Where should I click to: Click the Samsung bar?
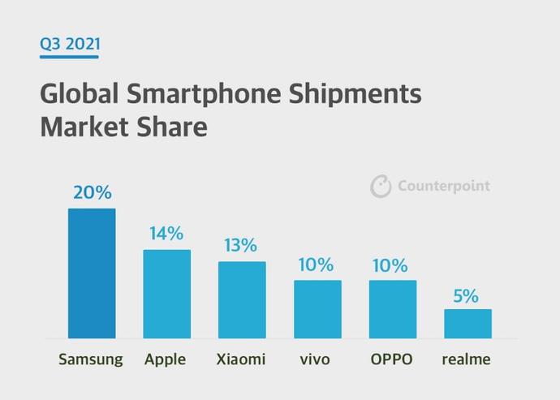tap(92, 273)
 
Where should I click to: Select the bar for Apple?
tap(167, 294)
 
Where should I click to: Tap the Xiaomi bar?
tap(242, 300)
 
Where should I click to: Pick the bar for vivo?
tap(317, 309)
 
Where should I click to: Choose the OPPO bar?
tap(393, 309)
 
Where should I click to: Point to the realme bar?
tap(467, 324)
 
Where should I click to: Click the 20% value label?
tap(93, 192)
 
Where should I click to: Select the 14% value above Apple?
tap(166, 234)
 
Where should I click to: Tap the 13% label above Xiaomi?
tap(241, 245)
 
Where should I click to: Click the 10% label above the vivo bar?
tap(316, 265)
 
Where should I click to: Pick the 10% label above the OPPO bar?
tap(390, 265)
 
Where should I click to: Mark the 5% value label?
tap(466, 296)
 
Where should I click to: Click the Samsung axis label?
tap(91, 359)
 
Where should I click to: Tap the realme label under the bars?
tap(466, 359)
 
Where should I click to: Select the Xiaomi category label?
tap(241, 359)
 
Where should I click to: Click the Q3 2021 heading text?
tap(70, 44)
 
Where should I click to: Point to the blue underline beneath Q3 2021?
tap(69, 57)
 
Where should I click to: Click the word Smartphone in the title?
tap(204, 93)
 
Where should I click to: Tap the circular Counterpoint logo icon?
tap(381, 186)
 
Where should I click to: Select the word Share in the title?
tap(172, 127)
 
